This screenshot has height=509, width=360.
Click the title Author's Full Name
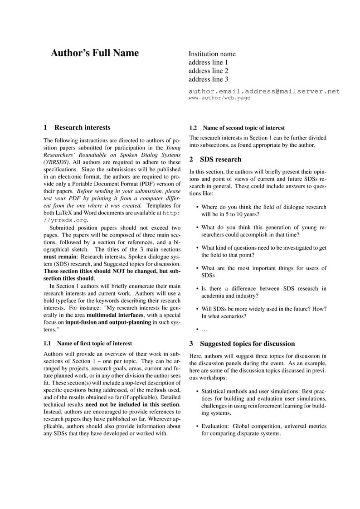pos(94,53)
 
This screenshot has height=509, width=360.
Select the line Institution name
pos(212,54)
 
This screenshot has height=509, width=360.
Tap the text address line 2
pos(208,71)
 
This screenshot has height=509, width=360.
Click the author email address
pos(264,91)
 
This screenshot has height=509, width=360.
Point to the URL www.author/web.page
pos(219,98)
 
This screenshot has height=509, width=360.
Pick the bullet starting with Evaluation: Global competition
pos(263,430)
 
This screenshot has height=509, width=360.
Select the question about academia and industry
pos(263,292)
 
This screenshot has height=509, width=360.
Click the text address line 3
pos(208,79)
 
